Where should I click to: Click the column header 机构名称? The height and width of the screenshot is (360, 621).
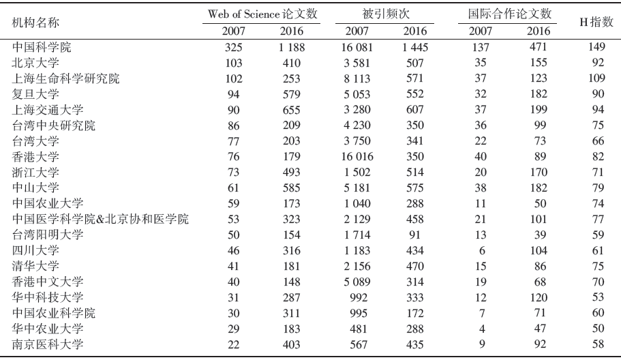coord(35,22)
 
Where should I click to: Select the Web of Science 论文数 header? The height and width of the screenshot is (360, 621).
coord(262,14)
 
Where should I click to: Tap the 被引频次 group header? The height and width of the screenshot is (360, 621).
coord(386,14)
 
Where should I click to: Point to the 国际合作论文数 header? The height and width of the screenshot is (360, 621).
coord(510,14)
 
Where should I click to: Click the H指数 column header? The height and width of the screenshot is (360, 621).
coord(596,22)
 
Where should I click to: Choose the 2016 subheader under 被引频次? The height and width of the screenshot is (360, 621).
coord(414,31)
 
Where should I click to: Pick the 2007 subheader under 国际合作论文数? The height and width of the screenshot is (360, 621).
coord(481,31)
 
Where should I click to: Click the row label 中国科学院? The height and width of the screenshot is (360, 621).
coord(42,47)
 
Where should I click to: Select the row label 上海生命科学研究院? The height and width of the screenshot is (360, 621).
coord(65,78)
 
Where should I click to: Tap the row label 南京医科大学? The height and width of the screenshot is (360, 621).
coord(48,344)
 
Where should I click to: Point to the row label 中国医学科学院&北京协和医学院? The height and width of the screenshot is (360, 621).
coord(100,219)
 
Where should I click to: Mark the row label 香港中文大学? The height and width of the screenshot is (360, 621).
coord(48,282)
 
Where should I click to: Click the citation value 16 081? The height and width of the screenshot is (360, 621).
coord(357,48)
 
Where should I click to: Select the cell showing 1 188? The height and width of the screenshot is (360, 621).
coord(292,48)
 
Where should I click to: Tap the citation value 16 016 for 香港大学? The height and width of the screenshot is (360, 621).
coord(357,157)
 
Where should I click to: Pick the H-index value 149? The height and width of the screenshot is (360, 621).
coord(596,47)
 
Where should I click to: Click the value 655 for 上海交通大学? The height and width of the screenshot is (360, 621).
coord(292,110)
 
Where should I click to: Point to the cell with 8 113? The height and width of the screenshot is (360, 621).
coord(357,79)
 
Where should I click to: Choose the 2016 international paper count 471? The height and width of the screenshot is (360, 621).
coord(539,47)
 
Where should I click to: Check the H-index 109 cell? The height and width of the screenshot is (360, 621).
coord(596,78)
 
